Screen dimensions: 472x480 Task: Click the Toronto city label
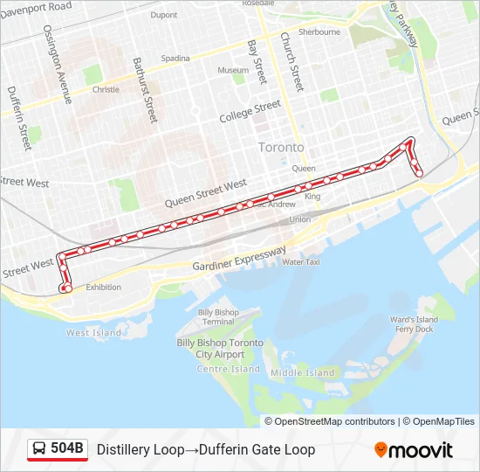(281, 148)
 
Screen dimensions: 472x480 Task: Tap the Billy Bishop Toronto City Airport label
(219, 349)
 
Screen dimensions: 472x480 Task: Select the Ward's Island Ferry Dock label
(414, 324)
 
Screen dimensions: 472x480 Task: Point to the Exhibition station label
(104, 288)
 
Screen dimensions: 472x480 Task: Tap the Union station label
(299, 219)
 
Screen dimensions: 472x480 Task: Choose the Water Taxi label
(301, 261)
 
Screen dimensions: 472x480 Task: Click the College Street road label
(250, 113)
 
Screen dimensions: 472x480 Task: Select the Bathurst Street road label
(144, 89)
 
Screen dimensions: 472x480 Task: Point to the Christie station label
(106, 89)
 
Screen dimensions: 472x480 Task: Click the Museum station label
(233, 70)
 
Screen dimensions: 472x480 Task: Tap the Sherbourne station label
(319, 32)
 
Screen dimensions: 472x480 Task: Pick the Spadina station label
(175, 59)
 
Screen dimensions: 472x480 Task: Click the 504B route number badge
(58, 449)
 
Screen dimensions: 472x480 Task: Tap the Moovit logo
(414, 450)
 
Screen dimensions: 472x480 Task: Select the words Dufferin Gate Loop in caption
(257, 450)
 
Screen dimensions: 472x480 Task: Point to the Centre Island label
(229, 370)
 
